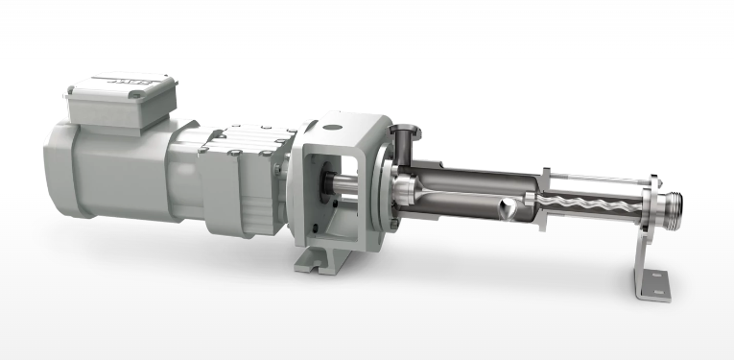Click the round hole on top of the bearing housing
[333, 124]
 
